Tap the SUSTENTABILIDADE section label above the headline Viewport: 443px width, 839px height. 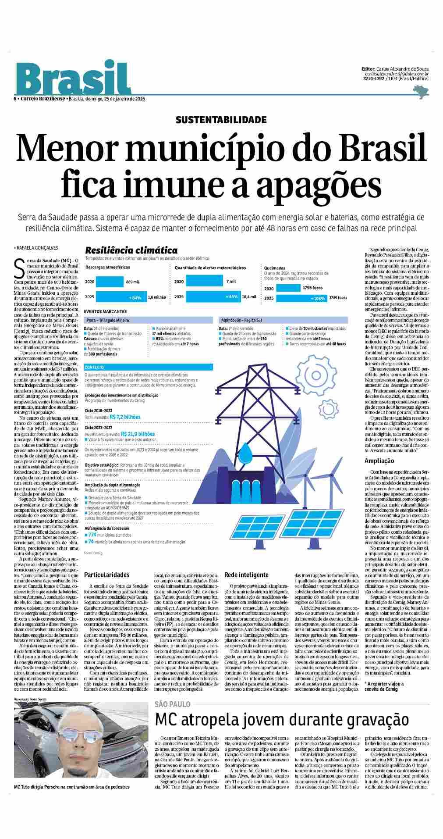221,119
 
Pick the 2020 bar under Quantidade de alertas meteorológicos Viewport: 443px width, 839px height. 204,281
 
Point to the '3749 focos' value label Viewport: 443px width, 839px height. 337,298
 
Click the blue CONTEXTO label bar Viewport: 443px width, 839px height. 148,367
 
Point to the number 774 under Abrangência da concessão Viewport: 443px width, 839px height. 92,535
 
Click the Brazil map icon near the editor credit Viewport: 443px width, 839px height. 421,91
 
